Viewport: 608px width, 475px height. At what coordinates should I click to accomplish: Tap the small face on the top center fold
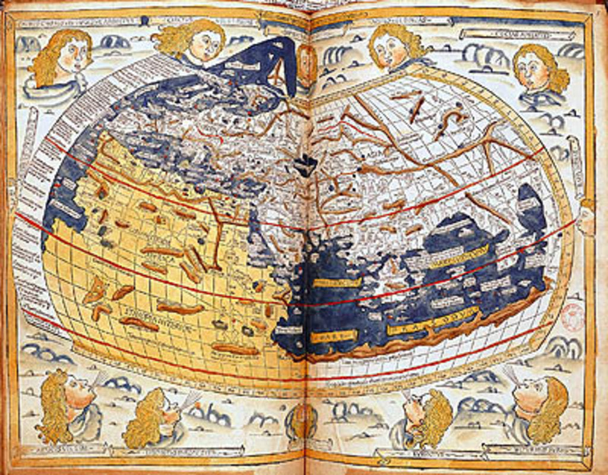point(306,62)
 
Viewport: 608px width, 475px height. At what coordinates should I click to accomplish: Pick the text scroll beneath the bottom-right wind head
point(534,454)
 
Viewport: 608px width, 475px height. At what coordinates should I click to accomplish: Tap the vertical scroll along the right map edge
point(575,157)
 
